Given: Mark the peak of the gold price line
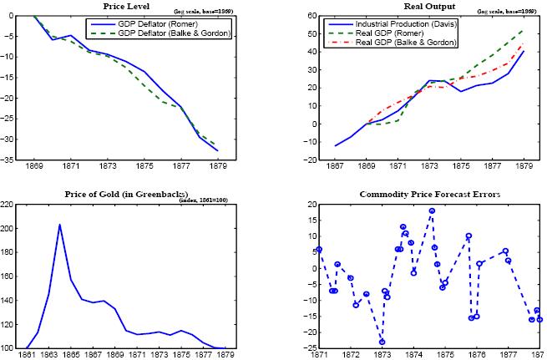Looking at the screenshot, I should tap(59, 224).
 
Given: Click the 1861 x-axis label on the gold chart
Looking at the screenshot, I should tap(26, 354).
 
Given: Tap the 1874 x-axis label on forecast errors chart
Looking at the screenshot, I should tap(413, 354).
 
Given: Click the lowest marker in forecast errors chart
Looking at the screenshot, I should tap(382, 342).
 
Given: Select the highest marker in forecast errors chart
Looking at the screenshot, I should tap(432, 211).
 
